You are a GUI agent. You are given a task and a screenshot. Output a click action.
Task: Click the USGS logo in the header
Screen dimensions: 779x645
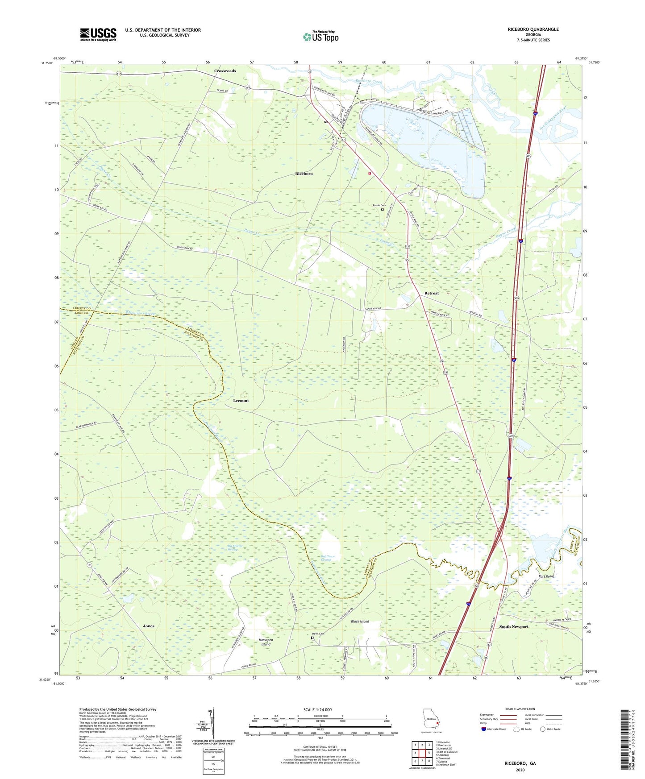[98, 34]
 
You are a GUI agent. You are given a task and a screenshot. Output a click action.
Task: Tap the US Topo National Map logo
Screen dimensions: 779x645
[320, 37]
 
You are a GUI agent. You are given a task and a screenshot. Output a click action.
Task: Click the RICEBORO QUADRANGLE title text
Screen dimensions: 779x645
[533, 29]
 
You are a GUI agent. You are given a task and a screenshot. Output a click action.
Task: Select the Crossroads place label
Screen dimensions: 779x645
[225, 71]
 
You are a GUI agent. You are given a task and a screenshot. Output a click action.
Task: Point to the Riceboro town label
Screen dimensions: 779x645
[304, 174]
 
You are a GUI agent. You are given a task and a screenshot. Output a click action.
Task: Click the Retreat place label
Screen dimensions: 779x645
[431, 293]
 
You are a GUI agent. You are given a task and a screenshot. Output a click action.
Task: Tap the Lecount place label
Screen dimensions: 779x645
[241, 401]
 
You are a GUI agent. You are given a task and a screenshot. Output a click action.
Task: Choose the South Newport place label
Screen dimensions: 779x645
[513, 626]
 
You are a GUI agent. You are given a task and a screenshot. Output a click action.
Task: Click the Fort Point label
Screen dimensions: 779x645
[546, 576]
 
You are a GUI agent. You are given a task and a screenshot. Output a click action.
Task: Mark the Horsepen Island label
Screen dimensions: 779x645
[266, 642]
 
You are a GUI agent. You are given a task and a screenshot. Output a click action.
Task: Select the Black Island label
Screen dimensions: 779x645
[360, 622]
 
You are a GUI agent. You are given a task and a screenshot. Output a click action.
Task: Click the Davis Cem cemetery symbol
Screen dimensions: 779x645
[312, 638]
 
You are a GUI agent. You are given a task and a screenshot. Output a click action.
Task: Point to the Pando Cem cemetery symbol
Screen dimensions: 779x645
[383, 209]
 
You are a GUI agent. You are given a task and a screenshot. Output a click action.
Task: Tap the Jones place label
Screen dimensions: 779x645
[149, 626]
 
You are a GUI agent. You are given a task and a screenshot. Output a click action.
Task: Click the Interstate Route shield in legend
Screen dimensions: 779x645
[484, 729]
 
